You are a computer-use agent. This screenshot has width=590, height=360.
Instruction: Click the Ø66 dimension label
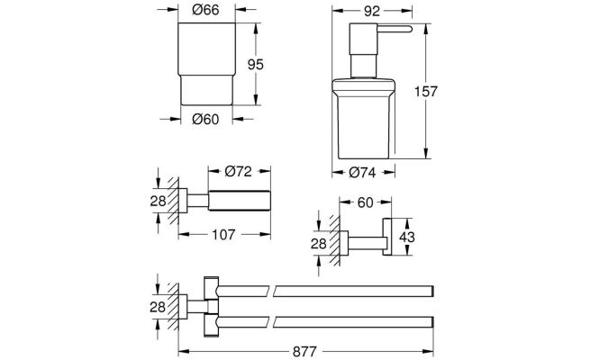pyautogui.click(x=205, y=10)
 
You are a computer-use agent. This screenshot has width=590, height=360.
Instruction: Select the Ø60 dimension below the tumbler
pyautogui.click(x=205, y=119)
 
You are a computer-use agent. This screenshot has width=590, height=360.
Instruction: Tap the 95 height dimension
pyautogui.click(x=256, y=65)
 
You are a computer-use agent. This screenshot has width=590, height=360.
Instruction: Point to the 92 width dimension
pyautogui.click(x=372, y=12)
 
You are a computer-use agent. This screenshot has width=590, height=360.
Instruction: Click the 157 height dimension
pyautogui.click(x=426, y=91)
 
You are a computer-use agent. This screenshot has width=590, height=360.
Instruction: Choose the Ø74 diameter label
pyautogui.click(x=362, y=173)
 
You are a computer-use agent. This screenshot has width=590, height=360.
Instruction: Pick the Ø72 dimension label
pyautogui.click(x=238, y=171)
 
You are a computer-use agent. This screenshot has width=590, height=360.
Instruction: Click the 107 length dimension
pyautogui.click(x=223, y=235)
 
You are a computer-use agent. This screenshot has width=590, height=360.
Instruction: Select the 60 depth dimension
pyautogui.click(x=365, y=202)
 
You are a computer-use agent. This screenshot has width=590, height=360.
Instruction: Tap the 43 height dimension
pyautogui.click(x=407, y=237)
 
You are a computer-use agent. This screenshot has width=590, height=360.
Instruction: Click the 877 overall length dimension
pyautogui.click(x=304, y=352)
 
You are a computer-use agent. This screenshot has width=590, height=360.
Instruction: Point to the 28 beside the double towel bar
pyautogui.click(x=158, y=307)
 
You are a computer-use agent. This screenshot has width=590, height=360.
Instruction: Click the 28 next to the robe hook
pyautogui.click(x=318, y=244)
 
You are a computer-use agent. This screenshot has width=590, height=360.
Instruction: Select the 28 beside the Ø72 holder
pyautogui.click(x=158, y=201)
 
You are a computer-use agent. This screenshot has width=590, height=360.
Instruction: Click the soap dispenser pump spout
pyautogui.click(x=395, y=29)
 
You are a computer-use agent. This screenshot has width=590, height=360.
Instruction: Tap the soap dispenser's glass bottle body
pyautogui.click(x=364, y=119)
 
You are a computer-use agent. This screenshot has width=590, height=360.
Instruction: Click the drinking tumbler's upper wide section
pyautogui.click(x=206, y=49)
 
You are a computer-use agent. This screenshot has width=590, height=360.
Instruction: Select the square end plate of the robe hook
pyautogui.click(x=387, y=237)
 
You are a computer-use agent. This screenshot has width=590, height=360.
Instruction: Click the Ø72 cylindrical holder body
pyautogui.click(x=240, y=201)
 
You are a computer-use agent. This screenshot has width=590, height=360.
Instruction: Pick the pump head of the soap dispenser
pyautogui.click(x=364, y=40)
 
